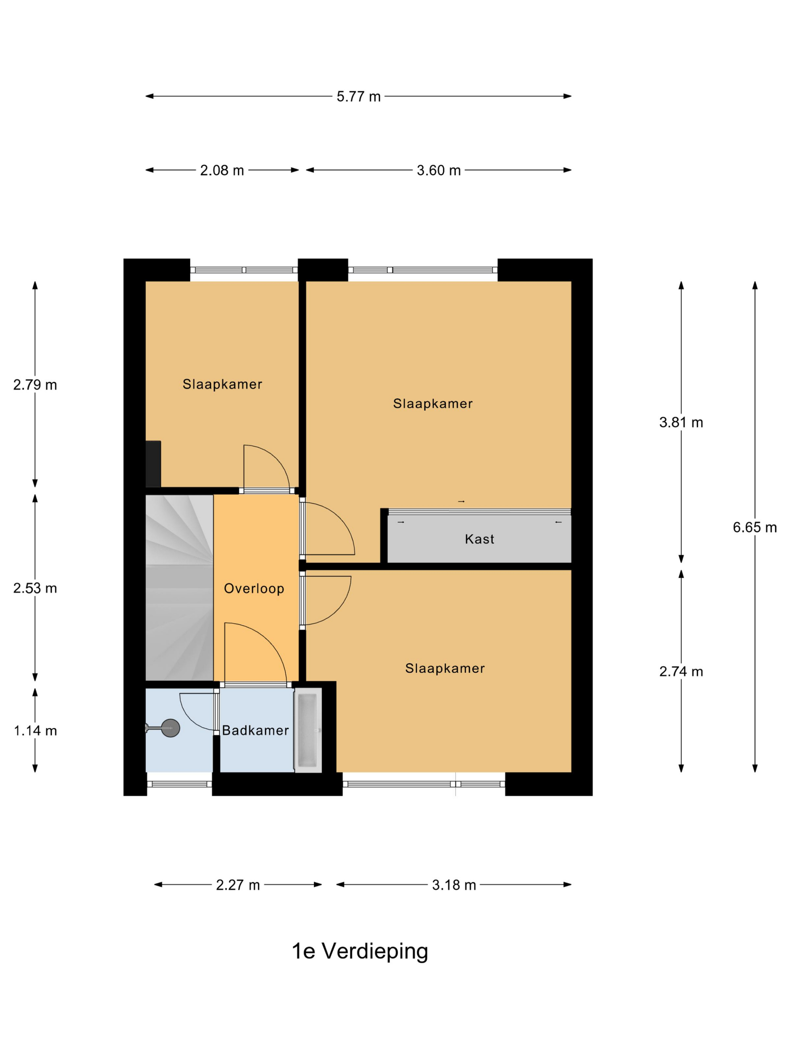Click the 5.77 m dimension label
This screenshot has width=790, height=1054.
[359, 97]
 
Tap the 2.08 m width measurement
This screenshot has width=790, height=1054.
[222, 171]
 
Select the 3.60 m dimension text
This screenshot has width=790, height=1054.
[439, 171]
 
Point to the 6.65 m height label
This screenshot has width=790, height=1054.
[755, 527]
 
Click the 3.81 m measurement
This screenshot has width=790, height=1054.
[681, 423]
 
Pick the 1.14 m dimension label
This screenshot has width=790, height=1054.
[35, 731]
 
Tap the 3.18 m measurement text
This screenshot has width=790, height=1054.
[454, 885]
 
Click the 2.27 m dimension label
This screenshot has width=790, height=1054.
[238, 885]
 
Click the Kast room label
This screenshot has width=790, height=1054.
[480, 539]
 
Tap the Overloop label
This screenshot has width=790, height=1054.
[254, 589]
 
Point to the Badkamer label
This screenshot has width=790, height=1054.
[255, 731]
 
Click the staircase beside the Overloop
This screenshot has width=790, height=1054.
[179, 588]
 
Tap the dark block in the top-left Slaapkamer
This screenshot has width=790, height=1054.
[153, 464]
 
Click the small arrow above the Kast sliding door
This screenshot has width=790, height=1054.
[461, 502]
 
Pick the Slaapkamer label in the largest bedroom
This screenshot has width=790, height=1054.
[432, 404]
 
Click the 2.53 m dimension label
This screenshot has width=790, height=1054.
[35, 588]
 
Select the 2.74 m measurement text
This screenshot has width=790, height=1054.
[681, 672]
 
